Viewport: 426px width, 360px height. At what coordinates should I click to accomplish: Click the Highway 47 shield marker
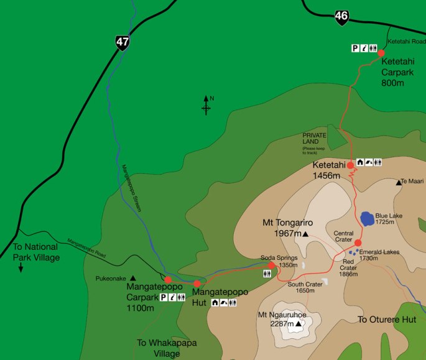click(x=122, y=42)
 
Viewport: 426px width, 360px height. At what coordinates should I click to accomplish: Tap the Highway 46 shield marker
click(x=341, y=17)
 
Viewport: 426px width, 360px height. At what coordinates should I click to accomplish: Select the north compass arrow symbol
click(x=206, y=106)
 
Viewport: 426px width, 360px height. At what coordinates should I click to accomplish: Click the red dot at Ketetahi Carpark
click(x=381, y=53)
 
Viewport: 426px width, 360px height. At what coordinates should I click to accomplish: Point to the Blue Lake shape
click(x=367, y=219)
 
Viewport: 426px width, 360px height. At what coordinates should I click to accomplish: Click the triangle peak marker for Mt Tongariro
click(x=305, y=234)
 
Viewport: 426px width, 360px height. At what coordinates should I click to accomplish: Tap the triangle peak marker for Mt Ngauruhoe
click(x=299, y=324)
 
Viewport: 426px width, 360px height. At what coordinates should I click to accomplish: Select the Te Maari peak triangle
click(x=399, y=182)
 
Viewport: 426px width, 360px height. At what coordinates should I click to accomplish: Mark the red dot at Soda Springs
click(x=271, y=265)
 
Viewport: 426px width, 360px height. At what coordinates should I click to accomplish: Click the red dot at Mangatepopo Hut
click(x=197, y=284)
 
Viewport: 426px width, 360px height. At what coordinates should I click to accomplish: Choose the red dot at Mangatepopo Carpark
click(x=168, y=280)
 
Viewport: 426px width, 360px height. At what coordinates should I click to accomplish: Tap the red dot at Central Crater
click(x=358, y=242)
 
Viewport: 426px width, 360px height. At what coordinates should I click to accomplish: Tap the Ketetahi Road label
click(x=406, y=41)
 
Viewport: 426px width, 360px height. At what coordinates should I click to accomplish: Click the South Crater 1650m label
click(x=305, y=287)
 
